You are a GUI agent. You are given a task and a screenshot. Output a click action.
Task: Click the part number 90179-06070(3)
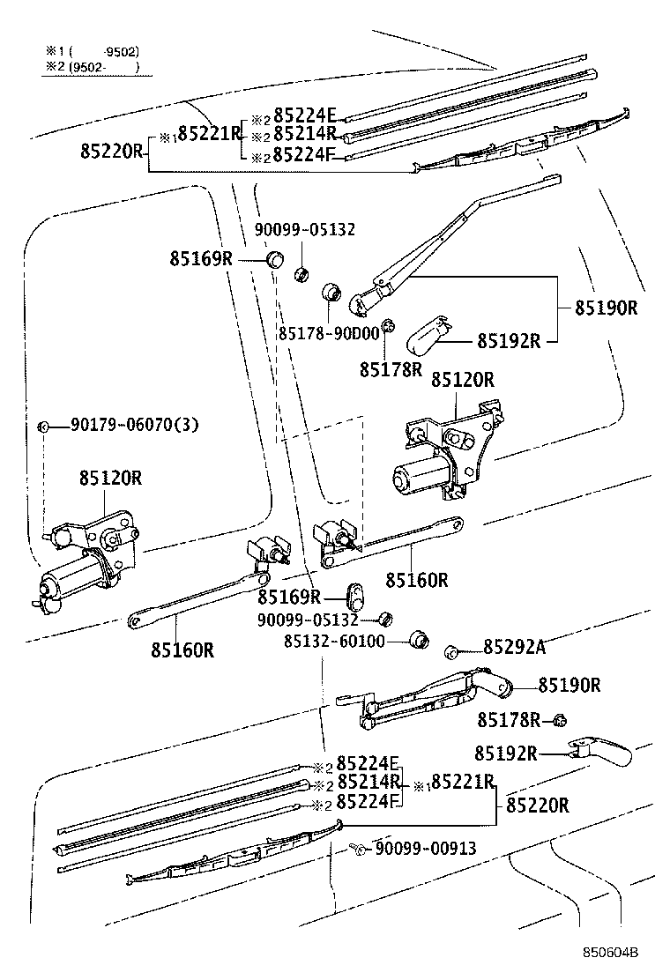click(x=135, y=426)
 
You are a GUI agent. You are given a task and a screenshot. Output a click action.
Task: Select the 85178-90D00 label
click(x=328, y=332)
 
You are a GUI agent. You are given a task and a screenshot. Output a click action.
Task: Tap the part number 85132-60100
click(x=334, y=641)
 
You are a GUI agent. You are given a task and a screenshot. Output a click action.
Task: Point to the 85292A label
click(x=514, y=648)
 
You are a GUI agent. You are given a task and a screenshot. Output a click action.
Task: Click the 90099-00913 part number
click(x=425, y=849)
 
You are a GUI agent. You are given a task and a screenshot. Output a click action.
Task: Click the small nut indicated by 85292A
click(x=450, y=651)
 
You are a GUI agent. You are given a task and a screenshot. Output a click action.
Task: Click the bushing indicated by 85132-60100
click(x=420, y=638)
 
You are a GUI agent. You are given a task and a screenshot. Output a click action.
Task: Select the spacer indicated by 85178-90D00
click(x=331, y=291)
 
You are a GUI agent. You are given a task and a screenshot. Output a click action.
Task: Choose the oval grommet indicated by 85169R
click(x=354, y=596)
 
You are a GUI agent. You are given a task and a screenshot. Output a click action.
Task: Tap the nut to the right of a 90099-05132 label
click(x=384, y=619)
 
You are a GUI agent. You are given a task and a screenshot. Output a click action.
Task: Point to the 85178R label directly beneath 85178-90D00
click(x=391, y=369)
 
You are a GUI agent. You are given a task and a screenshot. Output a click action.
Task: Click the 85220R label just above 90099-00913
click(x=537, y=805)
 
